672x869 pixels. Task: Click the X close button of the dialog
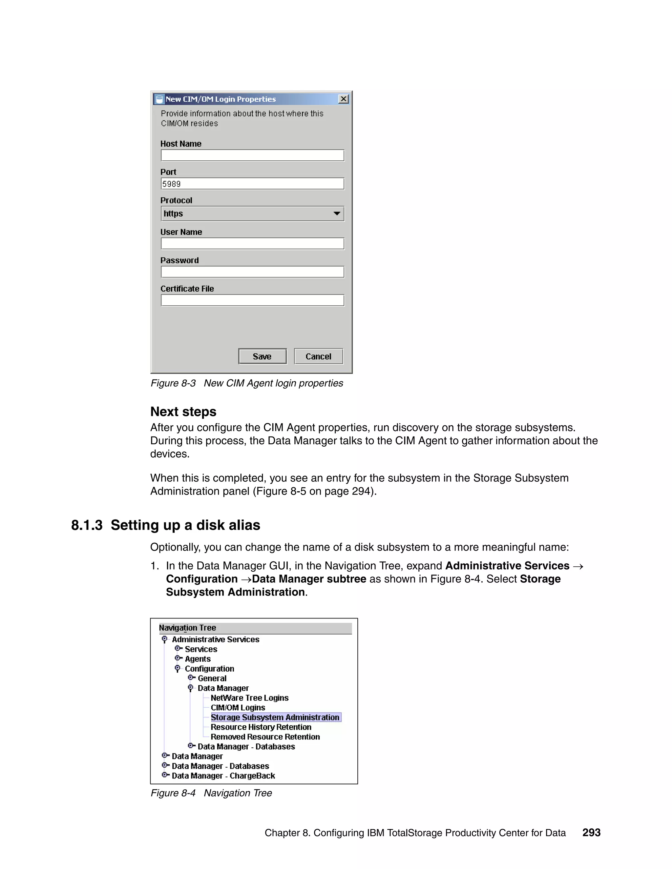point(343,99)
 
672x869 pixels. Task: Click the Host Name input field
point(252,155)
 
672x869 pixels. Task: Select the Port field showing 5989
point(252,184)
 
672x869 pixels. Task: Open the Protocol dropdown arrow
point(337,214)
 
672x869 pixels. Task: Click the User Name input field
point(252,244)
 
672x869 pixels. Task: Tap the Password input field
point(252,272)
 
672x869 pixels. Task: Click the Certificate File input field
point(252,300)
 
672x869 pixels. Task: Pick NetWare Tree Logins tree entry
point(249,697)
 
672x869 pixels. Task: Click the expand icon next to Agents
point(178,658)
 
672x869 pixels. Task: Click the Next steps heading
point(183,412)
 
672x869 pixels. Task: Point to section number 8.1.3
point(87,525)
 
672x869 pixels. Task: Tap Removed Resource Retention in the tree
point(265,737)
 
